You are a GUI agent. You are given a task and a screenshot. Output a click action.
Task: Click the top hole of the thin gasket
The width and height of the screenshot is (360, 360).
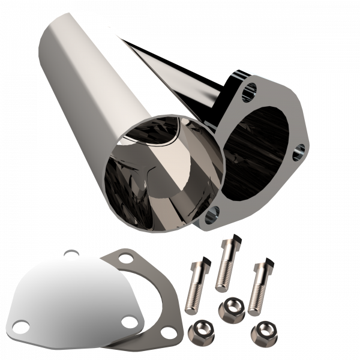point(126,259)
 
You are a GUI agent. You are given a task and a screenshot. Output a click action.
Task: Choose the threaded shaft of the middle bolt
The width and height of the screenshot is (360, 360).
point(223,270)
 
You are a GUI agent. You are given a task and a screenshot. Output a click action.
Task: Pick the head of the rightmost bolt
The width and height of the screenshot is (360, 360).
point(259,265)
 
